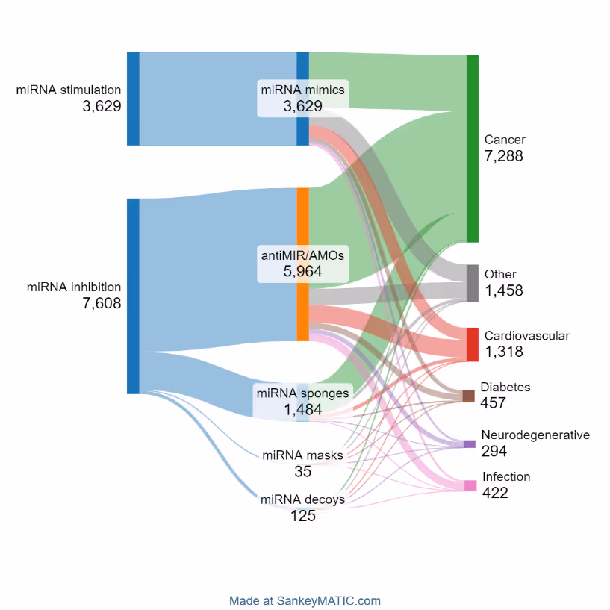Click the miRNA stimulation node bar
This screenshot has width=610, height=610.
pyautogui.click(x=133, y=99)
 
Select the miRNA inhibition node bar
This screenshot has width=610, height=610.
pyautogui.click(x=133, y=296)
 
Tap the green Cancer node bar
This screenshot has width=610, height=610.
pyautogui.click(x=472, y=148)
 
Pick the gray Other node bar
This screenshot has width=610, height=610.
pyautogui.click(x=472, y=283)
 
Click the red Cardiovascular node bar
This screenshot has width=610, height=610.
pyautogui.click(x=472, y=344)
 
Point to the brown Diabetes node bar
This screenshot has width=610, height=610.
pyautogui.click(x=468, y=396)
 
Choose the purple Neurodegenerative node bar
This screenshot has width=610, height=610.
pyautogui.click(x=469, y=444)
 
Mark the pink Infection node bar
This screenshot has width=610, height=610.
pyautogui.click(x=470, y=485)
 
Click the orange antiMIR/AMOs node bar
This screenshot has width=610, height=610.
pyautogui.click(x=302, y=224)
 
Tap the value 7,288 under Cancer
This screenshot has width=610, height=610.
pyautogui.click(x=503, y=156)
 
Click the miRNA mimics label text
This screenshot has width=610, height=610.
pyautogui.click(x=302, y=90)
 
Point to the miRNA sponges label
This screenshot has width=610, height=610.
pyautogui.click(x=302, y=393)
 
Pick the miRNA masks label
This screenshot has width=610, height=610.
pyautogui.click(x=302, y=455)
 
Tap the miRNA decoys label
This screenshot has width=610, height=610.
pyautogui.click(x=302, y=499)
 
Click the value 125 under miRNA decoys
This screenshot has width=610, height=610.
pyautogui.click(x=302, y=516)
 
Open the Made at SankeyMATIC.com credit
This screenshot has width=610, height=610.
pyautogui.click(x=305, y=600)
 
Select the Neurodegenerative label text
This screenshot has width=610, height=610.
pyautogui.click(x=535, y=435)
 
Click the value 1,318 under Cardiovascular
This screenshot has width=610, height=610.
pyautogui.click(x=503, y=352)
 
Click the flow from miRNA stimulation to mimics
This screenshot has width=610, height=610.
pyautogui.click(x=217, y=99)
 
